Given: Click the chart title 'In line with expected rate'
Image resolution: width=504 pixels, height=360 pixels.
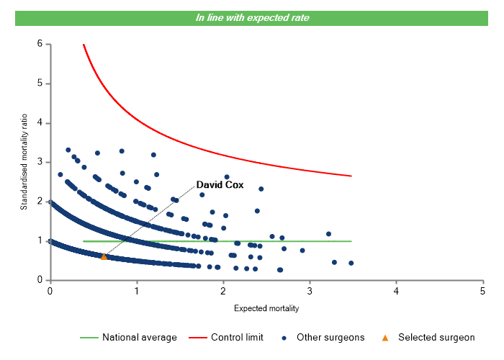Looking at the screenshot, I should tap(252, 17).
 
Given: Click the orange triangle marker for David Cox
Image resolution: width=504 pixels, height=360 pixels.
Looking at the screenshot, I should tap(104, 256).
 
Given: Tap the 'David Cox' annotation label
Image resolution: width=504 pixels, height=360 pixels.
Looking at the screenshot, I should tap(220, 185).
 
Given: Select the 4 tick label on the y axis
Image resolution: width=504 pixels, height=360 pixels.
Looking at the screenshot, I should tap(40, 123).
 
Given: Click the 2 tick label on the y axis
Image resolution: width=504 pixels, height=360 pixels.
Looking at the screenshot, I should tap(40, 202).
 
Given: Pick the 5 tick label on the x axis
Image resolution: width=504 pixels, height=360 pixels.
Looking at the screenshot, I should tap(482, 291).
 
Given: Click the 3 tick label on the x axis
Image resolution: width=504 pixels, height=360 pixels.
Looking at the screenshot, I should tap(310, 291).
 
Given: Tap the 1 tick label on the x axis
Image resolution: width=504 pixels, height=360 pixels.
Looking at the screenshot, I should tap(136, 291).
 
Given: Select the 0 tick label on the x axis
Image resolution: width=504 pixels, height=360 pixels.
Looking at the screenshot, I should tap(50, 291).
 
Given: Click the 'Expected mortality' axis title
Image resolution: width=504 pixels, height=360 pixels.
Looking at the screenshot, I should tap(266, 308).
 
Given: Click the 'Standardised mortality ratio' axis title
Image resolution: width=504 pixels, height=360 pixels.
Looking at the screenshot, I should tap(24, 162).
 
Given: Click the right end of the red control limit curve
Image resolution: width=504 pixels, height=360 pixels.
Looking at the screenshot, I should tap(351, 176).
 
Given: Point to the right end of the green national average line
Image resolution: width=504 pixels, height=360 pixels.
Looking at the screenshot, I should tap(351, 241).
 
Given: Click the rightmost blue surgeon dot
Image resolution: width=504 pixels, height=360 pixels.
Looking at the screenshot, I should tap(351, 263).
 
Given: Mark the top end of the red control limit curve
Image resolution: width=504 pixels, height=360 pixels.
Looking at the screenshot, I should tap(84, 45).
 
